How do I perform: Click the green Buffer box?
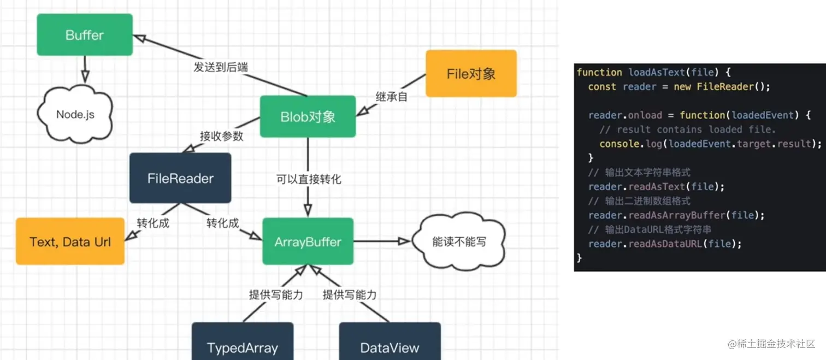85,35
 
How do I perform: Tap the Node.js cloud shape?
75,114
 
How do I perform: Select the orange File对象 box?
471,74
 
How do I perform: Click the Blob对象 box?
308,116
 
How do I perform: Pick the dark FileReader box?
180,178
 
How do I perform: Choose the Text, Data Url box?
70,241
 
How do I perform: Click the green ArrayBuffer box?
308,242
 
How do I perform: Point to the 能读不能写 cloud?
458,241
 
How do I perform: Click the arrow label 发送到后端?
220,67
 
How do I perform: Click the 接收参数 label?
221,136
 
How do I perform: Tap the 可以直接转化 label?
309,179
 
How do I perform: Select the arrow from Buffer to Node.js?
85,69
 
